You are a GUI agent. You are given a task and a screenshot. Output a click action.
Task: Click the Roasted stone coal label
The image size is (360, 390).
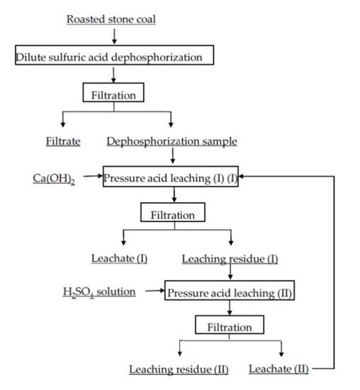click(111, 19)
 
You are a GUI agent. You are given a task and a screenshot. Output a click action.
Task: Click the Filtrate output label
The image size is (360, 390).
click(63, 141)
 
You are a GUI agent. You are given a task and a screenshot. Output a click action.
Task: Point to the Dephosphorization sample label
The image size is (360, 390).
click(171, 141)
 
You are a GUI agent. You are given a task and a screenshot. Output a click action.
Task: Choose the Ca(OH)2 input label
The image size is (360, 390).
click(54, 176)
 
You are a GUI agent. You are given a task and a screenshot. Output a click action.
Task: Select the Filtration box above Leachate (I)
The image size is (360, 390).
click(173, 212)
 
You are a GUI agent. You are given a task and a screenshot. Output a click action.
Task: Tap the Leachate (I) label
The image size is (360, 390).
click(119, 258)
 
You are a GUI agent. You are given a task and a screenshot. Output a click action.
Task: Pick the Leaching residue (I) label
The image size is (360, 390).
click(230, 258)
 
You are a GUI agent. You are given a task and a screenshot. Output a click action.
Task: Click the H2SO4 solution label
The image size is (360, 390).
click(99, 291)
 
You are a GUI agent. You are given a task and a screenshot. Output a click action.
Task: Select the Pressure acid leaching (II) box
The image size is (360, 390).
click(229, 292)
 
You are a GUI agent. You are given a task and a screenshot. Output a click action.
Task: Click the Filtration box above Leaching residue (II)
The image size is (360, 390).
click(229, 327)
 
